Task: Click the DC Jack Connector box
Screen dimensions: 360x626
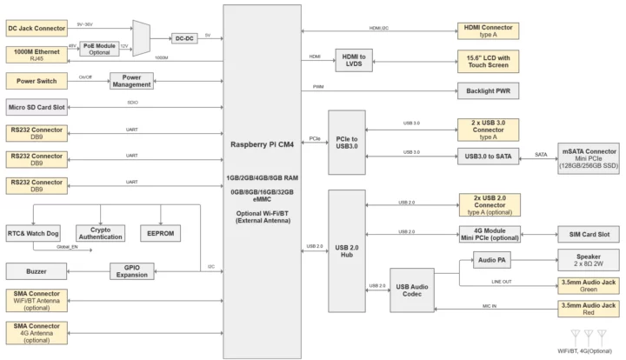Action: (x=37, y=29)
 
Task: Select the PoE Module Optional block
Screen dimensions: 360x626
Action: (x=99, y=50)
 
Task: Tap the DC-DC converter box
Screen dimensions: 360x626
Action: (x=183, y=38)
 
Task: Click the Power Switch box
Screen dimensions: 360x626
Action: (x=37, y=81)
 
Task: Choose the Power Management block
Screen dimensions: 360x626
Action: (x=131, y=81)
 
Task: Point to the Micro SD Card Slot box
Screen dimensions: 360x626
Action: (x=37, y=107)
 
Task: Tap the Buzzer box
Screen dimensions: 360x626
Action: (x=37, y=272)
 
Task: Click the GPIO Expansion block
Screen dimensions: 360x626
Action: (x=131, y=272)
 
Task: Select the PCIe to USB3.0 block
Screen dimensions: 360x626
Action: (x=346, y=143)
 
